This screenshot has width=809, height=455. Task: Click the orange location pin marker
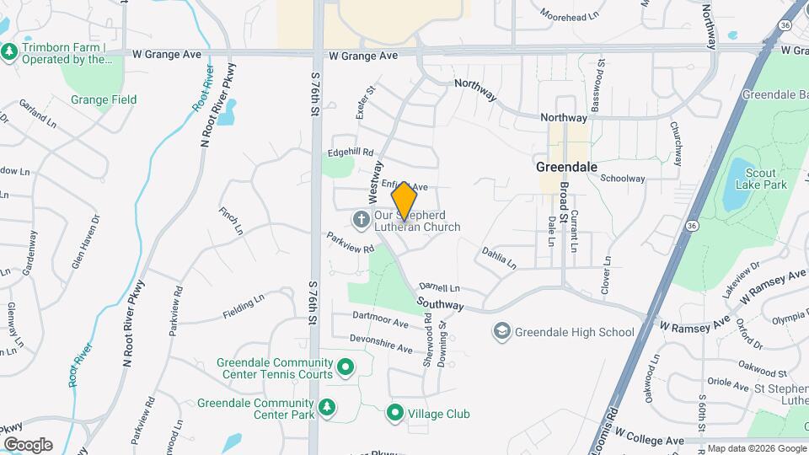[x=404, y=201]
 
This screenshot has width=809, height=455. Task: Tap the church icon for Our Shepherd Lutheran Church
[x=361, y=220]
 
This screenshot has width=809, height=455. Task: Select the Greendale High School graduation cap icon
[x=502, y=331]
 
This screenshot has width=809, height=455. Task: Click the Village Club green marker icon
[x=395, y=413]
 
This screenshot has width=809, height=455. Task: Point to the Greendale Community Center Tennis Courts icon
[x=345, y=368]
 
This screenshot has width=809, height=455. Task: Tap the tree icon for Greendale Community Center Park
[x=326, y=408]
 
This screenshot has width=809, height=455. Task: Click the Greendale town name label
[x=566, y=167]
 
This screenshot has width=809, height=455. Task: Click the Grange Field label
[x=103, y=99]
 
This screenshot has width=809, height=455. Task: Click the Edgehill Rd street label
[x=351, y=153]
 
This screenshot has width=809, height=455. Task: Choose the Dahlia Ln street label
[x=499, y=258]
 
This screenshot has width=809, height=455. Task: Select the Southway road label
[x=440, y=303]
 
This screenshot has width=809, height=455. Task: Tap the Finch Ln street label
[x=231, y=221]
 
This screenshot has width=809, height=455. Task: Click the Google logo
[x=27, y=445]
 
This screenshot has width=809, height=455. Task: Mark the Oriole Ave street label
[x=727, y=387]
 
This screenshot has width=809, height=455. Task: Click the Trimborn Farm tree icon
[x=9, y=52]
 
